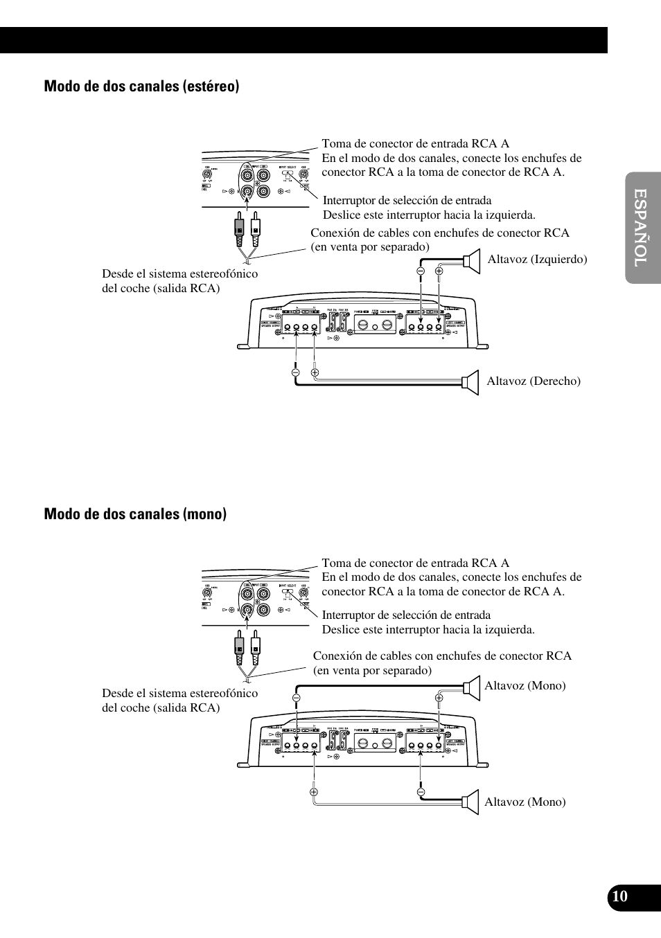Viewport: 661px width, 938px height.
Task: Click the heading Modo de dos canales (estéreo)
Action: tap(141, 87)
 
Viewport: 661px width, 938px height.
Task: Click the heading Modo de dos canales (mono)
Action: tap(135, 514)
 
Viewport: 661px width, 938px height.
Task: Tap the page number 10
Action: tap(619, 896)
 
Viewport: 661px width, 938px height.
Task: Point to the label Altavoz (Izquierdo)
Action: tap(537, 259)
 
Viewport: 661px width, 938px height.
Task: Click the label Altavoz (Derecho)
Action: tap(534, 381)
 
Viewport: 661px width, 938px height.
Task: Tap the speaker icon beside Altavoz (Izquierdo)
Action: tap(471, 260)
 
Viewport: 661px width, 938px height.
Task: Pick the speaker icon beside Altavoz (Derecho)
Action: tap(471, 382)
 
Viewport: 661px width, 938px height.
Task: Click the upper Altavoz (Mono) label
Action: tap(525, 685)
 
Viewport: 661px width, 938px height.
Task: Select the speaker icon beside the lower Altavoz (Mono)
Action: tap(471, 802)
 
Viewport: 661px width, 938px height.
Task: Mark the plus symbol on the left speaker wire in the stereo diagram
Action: tap(439, 271)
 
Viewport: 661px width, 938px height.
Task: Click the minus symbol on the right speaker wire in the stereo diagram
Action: tap(295, 372)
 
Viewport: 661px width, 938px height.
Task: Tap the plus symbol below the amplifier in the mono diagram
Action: tap(314, 791)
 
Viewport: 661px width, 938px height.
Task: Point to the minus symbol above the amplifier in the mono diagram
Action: tap(296, 698)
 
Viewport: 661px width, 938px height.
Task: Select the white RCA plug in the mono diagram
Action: tap(256, 646)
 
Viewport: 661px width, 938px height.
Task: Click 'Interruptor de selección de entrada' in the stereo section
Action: tap(407, 201)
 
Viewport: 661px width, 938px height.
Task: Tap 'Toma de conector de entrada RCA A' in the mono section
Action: tap(415, 563)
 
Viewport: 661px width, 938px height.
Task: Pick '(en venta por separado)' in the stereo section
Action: tap(370, 246)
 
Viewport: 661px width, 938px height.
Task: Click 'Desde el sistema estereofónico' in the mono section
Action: tap(179, 693)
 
